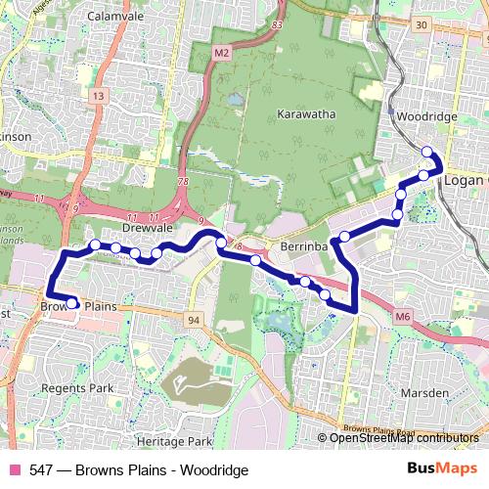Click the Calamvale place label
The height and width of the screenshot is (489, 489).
point(115,17)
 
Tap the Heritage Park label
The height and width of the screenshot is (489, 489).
point(174,442)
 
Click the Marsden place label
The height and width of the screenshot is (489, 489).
point(424,392)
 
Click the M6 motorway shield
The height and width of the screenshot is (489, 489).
point(404,315)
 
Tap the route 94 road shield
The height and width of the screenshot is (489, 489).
point(194,320)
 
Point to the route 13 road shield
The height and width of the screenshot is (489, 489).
point(99,96)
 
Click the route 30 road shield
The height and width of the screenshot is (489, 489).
point(422,24)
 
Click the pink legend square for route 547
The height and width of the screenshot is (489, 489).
point(15,470)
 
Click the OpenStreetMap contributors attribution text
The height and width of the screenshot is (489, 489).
point(404,438)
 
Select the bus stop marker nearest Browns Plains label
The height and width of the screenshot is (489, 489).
point(72,303)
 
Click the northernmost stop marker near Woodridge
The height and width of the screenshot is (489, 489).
point(426,151)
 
